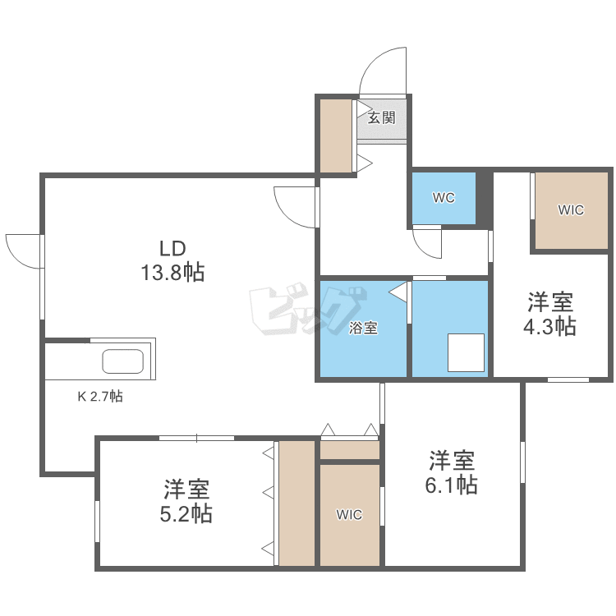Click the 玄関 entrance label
tap(381, 117)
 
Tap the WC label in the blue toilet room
tap(444, 198)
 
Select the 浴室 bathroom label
tap(363, 329)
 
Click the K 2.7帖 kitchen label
tap(100, 396)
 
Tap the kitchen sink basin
tap(122, 361)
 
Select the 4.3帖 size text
tap(550, 326)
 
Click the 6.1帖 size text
tap(451, 485)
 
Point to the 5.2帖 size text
tap(186, 514)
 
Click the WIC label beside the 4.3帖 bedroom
tap(571, 210)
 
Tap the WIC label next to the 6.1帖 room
tap(349, 515)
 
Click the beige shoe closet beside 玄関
tap(335, 136)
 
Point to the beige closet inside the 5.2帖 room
tap(297, 503)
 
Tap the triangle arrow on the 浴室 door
tap(399, 292)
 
